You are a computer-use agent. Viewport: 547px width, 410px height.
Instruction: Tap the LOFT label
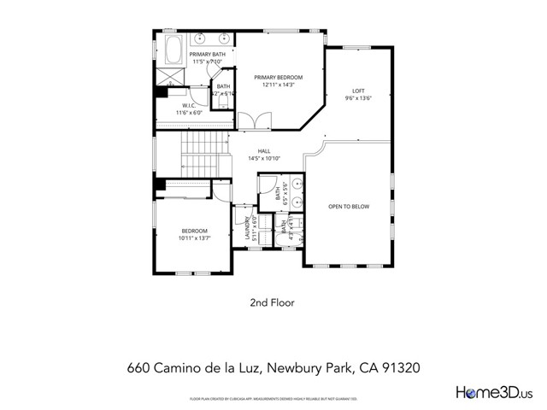point(359,91)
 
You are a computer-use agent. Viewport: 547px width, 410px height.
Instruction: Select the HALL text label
point(264,151)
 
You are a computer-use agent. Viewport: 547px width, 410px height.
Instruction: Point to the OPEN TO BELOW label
point(350,206)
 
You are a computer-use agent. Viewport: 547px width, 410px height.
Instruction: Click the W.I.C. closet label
point(189,106)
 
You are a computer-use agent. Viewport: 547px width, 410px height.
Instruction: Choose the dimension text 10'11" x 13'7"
point(195,238)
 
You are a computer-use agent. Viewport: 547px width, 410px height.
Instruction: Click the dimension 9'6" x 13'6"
point(359,97)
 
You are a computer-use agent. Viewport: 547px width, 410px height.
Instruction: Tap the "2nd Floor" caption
point(273,302)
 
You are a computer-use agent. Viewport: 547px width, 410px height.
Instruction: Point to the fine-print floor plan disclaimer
point(273,399)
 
